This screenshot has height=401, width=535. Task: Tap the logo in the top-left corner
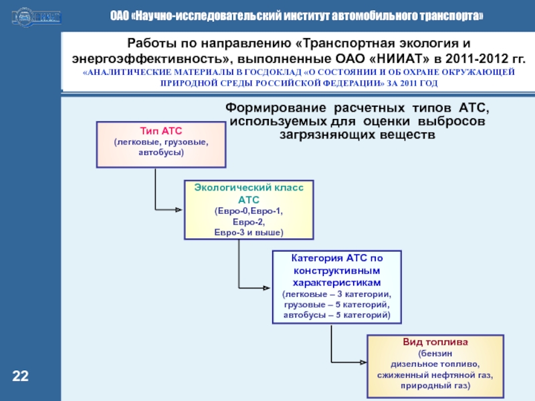point(34,15)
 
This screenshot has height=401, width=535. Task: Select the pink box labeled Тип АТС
point(160,144)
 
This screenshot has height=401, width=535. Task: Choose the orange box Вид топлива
point(435,364)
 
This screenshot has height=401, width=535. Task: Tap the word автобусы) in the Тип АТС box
point(160,153)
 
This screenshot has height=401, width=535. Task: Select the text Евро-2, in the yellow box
point(248,222)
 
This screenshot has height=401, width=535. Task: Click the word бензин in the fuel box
point(435,353)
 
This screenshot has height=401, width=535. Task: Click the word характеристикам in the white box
point(337,283)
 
